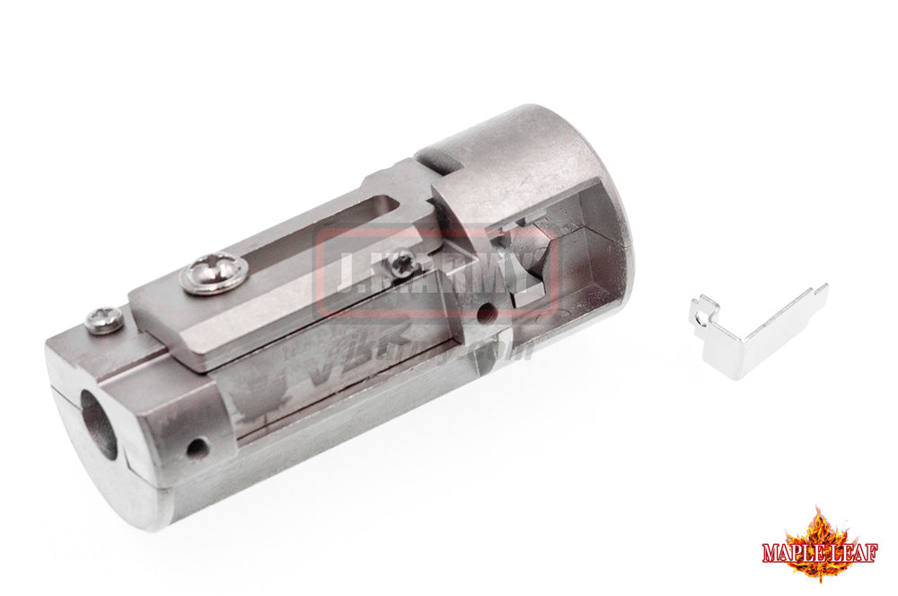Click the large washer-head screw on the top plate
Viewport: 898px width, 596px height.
point(214,273)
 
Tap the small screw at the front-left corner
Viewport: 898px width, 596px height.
point(104,319)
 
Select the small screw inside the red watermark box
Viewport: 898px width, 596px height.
point(403,262)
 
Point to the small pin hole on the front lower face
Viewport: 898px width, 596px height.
point(196,446)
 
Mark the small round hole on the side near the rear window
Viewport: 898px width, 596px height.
point(486,314)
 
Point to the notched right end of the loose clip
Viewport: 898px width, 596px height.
point(819,292)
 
